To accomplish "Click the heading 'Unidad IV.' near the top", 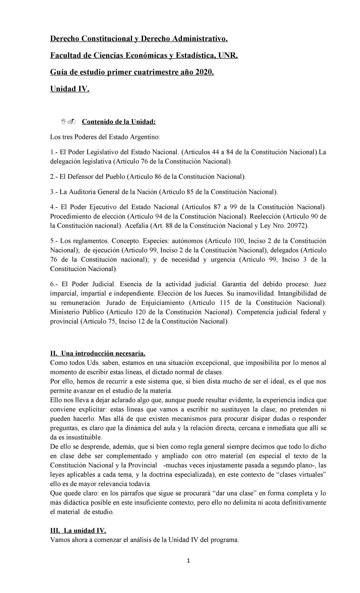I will [69, 89].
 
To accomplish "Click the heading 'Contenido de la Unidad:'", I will [119, 122].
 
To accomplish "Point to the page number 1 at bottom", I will [188, 561].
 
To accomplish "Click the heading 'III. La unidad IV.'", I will [78, 530].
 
